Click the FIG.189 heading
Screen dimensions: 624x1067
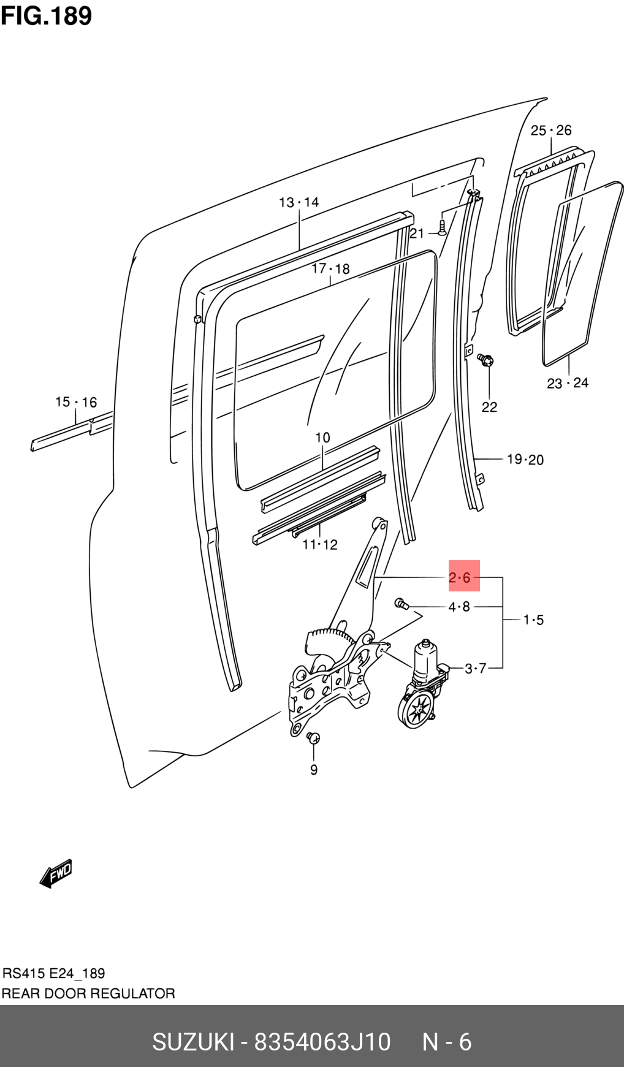pyautogui.click(x=46, y=15)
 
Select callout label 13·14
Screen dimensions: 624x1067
pyautogui.click(x=299, y=202)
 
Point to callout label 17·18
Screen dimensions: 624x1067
pyautogui.click(x=330, y=268)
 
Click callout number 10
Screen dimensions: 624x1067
pyautogui.click(x=322, y=438)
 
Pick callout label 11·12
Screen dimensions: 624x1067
pyautogui.click(x=320, y=544)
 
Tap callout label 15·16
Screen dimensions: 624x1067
pyautogui.click(x=76, y=402)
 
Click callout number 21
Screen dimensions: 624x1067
pyautogui.click(x=417, y=233)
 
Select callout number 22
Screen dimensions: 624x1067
pyautogui.click(x=489, y=407)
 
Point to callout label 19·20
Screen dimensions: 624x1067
pyautogui.click(x=525, y=459)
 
